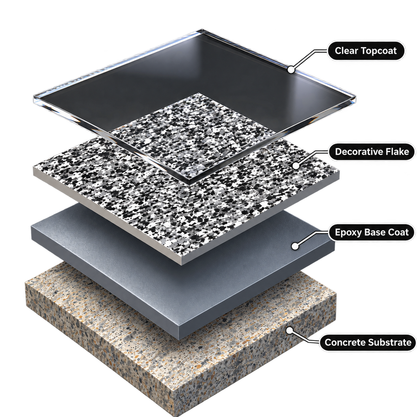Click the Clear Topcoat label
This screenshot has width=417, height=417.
point(366,51)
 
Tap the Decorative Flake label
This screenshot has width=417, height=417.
point(372,152)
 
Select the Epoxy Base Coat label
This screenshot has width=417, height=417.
point(371,232)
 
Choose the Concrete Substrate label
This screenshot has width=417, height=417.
point(368,342)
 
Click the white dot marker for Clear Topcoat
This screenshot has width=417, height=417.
point(291,69)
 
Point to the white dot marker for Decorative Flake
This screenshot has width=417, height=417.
point(296,166)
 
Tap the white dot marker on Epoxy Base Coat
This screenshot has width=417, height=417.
point(294,246)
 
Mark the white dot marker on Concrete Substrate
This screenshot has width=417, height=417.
point(289,330)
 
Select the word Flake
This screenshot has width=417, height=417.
point(398,152)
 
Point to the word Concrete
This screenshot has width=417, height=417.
point(346,342)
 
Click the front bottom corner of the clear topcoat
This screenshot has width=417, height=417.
point(190,184)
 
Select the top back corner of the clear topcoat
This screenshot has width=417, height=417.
point(202,29)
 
